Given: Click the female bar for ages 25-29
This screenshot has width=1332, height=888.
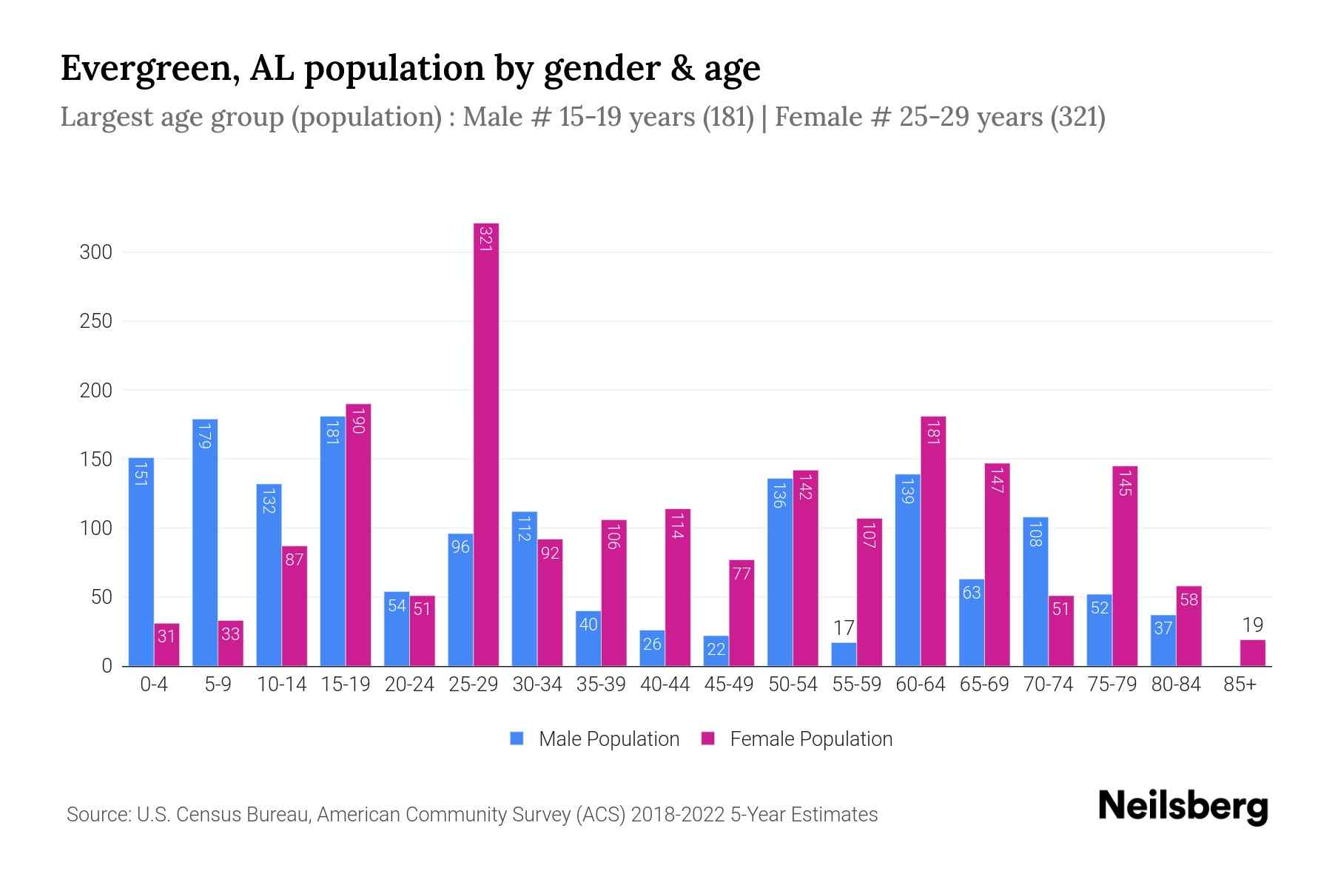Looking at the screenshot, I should pos(486,444).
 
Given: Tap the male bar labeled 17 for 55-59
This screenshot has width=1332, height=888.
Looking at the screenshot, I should pos(844,654).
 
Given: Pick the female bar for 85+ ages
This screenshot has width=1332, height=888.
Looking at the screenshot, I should pos(1252,653).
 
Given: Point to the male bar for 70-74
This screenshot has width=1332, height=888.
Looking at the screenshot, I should pos(1035,591).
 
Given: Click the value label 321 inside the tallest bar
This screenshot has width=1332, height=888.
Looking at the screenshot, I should pos(486,238).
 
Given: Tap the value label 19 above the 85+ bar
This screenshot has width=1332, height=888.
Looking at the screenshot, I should pos(1252,625).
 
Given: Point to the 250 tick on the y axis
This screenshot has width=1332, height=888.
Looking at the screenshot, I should pos(96,321).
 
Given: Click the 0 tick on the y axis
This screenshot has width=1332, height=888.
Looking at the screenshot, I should pos(107,666).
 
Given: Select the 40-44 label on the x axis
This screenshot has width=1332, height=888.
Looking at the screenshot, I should pos(665,684).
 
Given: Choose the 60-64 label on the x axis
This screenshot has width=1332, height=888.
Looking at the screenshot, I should pos(920,684).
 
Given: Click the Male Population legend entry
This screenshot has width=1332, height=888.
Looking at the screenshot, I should pos(608,739).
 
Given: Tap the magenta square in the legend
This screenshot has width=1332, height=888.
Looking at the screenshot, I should pos(708,739).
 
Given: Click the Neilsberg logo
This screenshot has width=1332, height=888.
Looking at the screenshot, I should pos(1183,807).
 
